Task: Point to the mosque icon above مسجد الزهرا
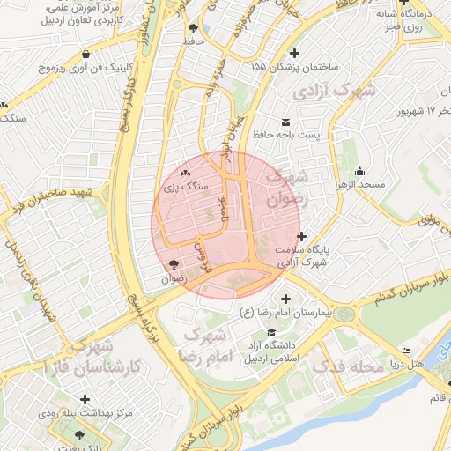[359, 171]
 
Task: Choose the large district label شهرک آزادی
[334, 91]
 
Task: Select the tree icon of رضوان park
[173, 264]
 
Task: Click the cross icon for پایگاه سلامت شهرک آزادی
[302, 236]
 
